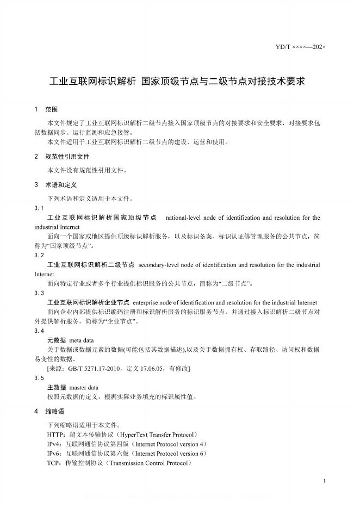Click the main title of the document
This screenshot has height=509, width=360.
pos(178,82)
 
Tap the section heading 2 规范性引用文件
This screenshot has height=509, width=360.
pos(61,157)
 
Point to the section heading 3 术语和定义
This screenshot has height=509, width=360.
pos(58,184)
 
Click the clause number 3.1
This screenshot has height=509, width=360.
pos(39,208)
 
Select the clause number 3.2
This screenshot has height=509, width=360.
pos(39,255)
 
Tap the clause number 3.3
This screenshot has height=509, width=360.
pos(39,293)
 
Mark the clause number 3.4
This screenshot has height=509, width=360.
pos(39,331)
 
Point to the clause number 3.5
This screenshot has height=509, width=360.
pos(39,377)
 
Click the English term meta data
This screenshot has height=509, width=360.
pos(82,340)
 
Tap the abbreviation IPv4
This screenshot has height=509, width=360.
pos(54,444)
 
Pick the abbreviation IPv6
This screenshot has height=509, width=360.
pos(54,453)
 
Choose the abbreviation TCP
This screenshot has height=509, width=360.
pos(54,463)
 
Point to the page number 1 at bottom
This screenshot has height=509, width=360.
pos(324,481)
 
